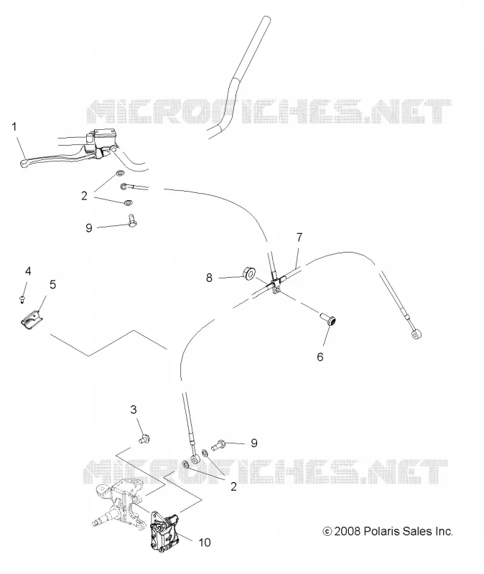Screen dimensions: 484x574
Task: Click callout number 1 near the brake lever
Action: (x=14, y=127)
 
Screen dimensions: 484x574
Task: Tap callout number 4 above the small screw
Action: (x=28, y=271)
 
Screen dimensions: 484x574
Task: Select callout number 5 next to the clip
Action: (x=52, y=284)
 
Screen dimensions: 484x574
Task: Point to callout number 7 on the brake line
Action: (x=299, y=237)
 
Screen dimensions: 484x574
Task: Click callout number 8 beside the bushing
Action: (x=209, y=278)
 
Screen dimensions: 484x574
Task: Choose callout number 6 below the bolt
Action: (x=320, y=357)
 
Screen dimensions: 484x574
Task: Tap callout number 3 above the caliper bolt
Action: (x=134, y=410)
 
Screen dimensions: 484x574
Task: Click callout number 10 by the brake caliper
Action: (x=205, y=542)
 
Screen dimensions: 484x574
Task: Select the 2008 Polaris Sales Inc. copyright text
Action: (x=388, y=531)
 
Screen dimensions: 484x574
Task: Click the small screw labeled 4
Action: (x=22, y=300)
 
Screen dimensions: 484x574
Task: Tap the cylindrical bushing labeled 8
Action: (x=250, y=273)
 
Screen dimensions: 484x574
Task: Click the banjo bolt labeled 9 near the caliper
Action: (x=223, y=444)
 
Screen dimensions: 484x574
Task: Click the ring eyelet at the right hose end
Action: (x=416, y=334)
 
